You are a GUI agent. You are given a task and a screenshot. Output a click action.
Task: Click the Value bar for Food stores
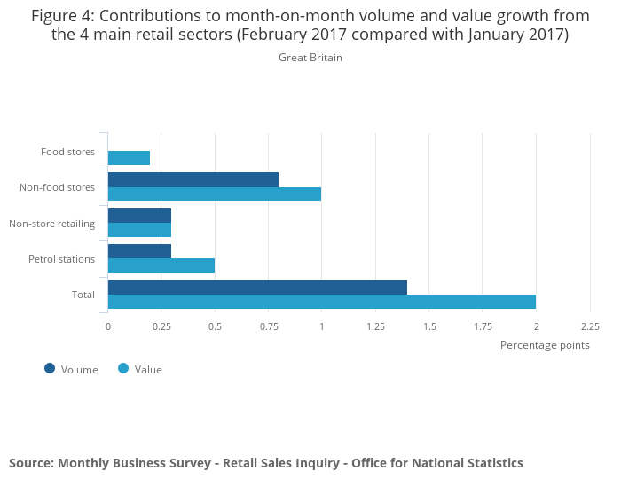click(129, 158)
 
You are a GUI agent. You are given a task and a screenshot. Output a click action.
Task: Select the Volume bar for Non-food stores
click(193, 179)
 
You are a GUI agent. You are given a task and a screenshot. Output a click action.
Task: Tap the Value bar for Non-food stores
click(215, 194)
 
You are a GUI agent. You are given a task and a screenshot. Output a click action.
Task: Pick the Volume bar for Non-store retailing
click(139, 216)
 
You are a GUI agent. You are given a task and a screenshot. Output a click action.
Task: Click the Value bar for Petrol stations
click(161, 266)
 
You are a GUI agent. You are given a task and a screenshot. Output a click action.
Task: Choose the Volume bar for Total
click(257, 287)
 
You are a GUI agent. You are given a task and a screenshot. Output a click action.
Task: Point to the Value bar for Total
click(322, 302)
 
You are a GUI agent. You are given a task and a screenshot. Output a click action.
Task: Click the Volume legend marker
click(50, 369)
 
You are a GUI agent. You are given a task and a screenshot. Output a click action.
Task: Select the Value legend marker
click(123, 369)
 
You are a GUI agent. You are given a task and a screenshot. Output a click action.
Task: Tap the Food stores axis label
click(67, 152)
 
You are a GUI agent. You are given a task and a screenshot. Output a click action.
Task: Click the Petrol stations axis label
click(61, 259)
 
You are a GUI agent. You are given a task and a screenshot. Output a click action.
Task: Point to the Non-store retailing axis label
click(51, 224)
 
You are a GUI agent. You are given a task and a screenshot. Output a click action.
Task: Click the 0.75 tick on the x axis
click(269, 326)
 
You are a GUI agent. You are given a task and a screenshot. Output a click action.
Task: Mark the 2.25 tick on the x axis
click(590, 326)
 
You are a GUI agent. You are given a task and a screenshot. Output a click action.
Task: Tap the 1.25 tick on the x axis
click(376, 326)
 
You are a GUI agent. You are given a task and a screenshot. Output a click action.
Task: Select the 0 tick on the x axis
click(108, 326)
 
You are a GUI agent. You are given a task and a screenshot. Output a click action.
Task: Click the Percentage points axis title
click(545, 345)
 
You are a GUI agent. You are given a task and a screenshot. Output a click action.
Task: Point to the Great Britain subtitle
click(310, 58)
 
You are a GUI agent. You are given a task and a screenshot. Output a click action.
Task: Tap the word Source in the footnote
click(30, 463)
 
